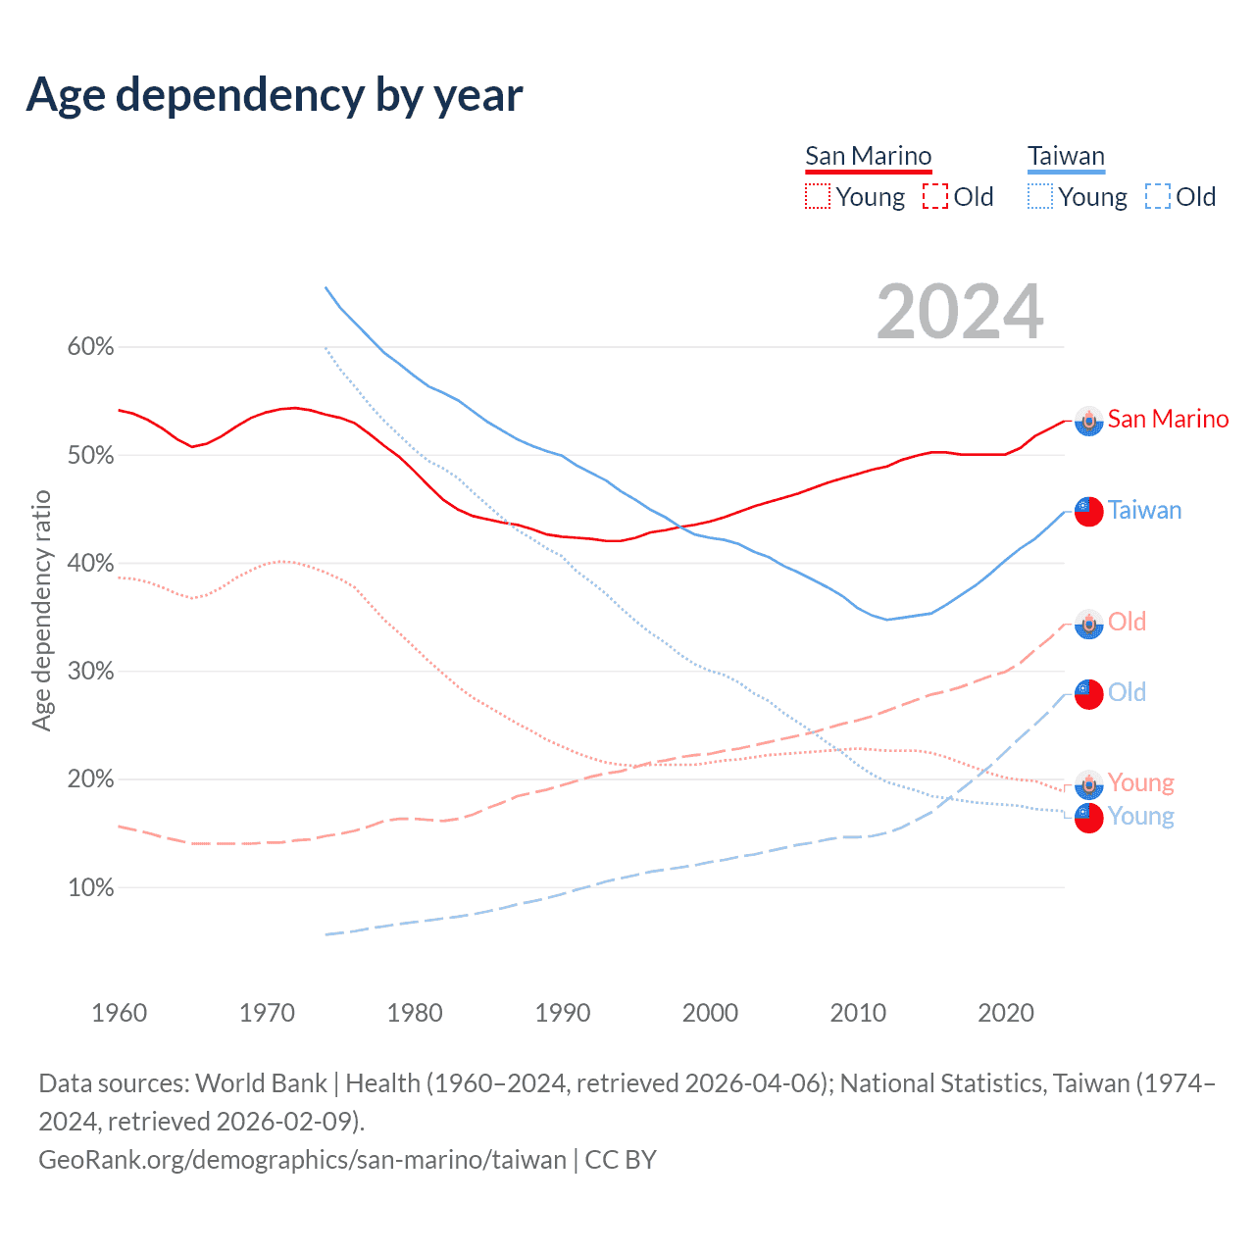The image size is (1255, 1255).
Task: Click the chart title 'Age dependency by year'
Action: click(275, 95)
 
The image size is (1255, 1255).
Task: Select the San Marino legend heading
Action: click(868, 157)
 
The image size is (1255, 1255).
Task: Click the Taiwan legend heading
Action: click(1066, 157)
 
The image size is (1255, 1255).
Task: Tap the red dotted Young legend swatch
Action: click(817, 197)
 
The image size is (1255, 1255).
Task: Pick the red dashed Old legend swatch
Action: click(935, 197)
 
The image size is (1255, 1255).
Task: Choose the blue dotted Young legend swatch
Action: click(1039, 197)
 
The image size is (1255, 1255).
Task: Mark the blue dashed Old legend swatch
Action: click(1158, 197)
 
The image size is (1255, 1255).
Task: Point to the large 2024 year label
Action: click(960, 313)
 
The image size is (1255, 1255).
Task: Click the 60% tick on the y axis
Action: click(90, 347)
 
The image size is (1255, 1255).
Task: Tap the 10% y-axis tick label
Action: click(90, 888)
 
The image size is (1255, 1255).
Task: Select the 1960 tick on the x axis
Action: click(119, 1013)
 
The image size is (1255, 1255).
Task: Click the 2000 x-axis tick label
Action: click(710, 1013)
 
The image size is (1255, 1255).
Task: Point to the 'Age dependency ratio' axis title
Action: click(41, 611)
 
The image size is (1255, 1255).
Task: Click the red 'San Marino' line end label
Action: click(1168, 420)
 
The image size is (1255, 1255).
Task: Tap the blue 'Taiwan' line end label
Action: click(1144, 511)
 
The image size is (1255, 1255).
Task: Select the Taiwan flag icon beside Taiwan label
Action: click(1088, 511)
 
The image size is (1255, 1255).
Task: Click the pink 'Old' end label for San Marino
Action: click(1127, 622)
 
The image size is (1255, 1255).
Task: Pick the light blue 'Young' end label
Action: click(1140, 817)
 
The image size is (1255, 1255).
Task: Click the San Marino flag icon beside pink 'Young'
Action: click(1088, 783)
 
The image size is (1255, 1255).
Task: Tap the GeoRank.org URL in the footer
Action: click(302, 1160)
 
